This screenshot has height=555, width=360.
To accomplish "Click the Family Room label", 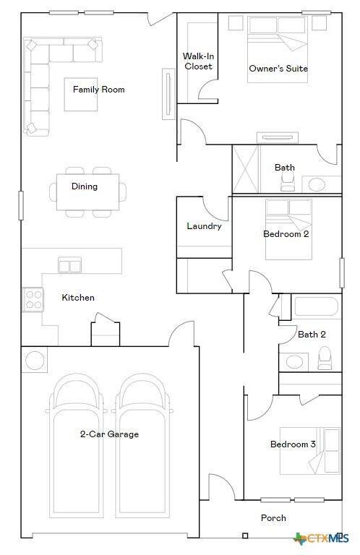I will [98, 90].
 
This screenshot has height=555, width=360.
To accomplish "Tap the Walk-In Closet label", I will [197, 61].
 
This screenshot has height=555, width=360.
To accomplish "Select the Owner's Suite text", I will [278, 69].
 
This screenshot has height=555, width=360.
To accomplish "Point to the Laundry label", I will [204, 226].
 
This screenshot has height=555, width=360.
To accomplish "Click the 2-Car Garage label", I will [109, 434].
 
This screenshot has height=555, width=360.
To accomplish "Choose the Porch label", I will [273, 517].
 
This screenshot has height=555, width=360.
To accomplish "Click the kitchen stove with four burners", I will [33, 298].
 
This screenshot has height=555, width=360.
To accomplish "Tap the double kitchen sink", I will [70, 266].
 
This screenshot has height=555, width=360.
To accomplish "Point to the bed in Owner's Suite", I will [278, 43].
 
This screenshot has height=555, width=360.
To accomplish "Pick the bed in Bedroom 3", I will [318, 451].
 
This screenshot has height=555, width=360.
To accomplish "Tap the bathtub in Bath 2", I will [316, 307].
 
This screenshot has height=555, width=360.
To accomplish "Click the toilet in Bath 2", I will [325, 357].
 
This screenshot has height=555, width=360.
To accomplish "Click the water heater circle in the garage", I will [35, 359].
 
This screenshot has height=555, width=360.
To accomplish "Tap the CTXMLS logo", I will [322, 538].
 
